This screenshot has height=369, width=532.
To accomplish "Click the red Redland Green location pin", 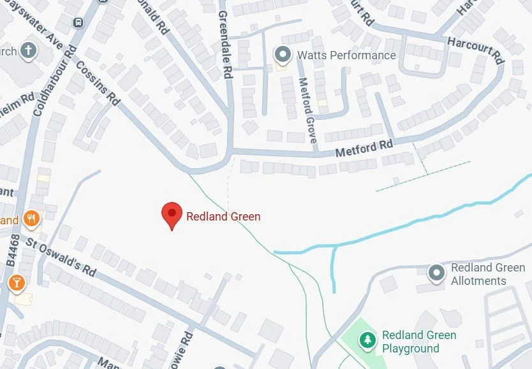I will point(171,215).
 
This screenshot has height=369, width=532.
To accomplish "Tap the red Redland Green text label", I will point(223,217).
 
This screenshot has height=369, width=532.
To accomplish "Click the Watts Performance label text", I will point(346,55).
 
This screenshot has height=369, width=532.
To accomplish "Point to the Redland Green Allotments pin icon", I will point(436,274).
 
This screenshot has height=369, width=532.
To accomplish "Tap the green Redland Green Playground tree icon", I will point(367,341).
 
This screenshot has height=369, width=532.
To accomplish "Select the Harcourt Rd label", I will point(475,50).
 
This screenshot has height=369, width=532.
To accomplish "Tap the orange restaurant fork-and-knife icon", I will point(31,220).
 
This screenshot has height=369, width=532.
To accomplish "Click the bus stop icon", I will point(78,22).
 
